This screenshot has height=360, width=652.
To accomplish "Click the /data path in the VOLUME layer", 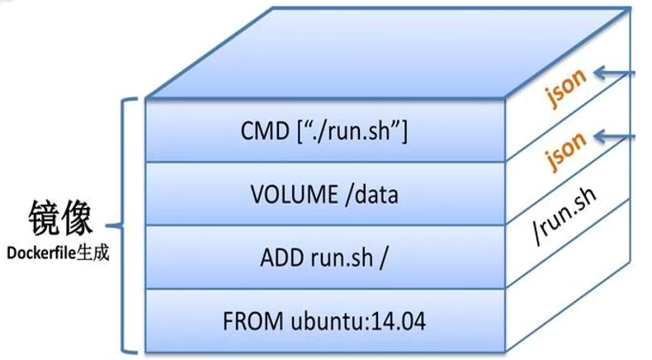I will tap(371, 195).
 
